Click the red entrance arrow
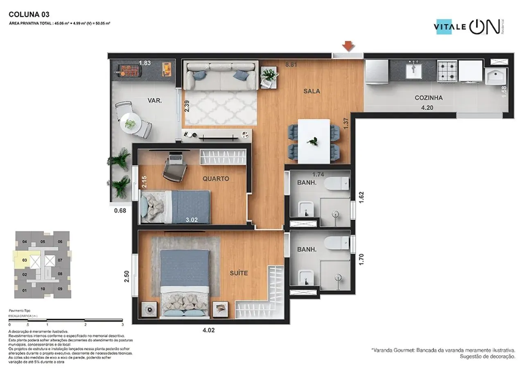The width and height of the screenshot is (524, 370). [x=348, y=46]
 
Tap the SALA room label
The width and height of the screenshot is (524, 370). [x=312, y=91]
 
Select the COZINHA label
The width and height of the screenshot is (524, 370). [x=429, y=98]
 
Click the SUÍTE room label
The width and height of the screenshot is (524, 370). [x=239, y=273]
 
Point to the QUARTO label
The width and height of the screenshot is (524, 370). [x=215, y=178]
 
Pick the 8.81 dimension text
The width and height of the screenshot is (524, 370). [x=291, y=64]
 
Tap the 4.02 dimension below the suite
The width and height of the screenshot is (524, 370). [x=208, y=330]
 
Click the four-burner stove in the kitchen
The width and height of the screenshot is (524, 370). [x=447, y=71]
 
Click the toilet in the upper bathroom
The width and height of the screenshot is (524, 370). [x=337, y=184]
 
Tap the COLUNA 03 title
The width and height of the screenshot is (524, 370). [x=29, y=14]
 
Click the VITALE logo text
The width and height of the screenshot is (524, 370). [x=450, y=27]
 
